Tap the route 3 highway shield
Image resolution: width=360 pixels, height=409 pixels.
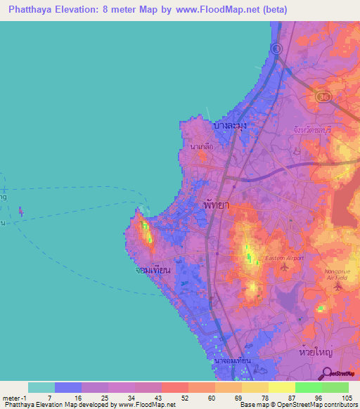(277, 48)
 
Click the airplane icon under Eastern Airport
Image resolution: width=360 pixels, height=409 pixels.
(284, 267)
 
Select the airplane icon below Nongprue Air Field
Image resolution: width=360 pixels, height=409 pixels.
(340, 286)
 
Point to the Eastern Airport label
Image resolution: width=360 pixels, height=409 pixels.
(284, 258)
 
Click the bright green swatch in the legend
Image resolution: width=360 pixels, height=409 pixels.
(308, 387)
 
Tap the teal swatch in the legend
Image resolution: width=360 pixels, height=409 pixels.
(41, 387)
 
